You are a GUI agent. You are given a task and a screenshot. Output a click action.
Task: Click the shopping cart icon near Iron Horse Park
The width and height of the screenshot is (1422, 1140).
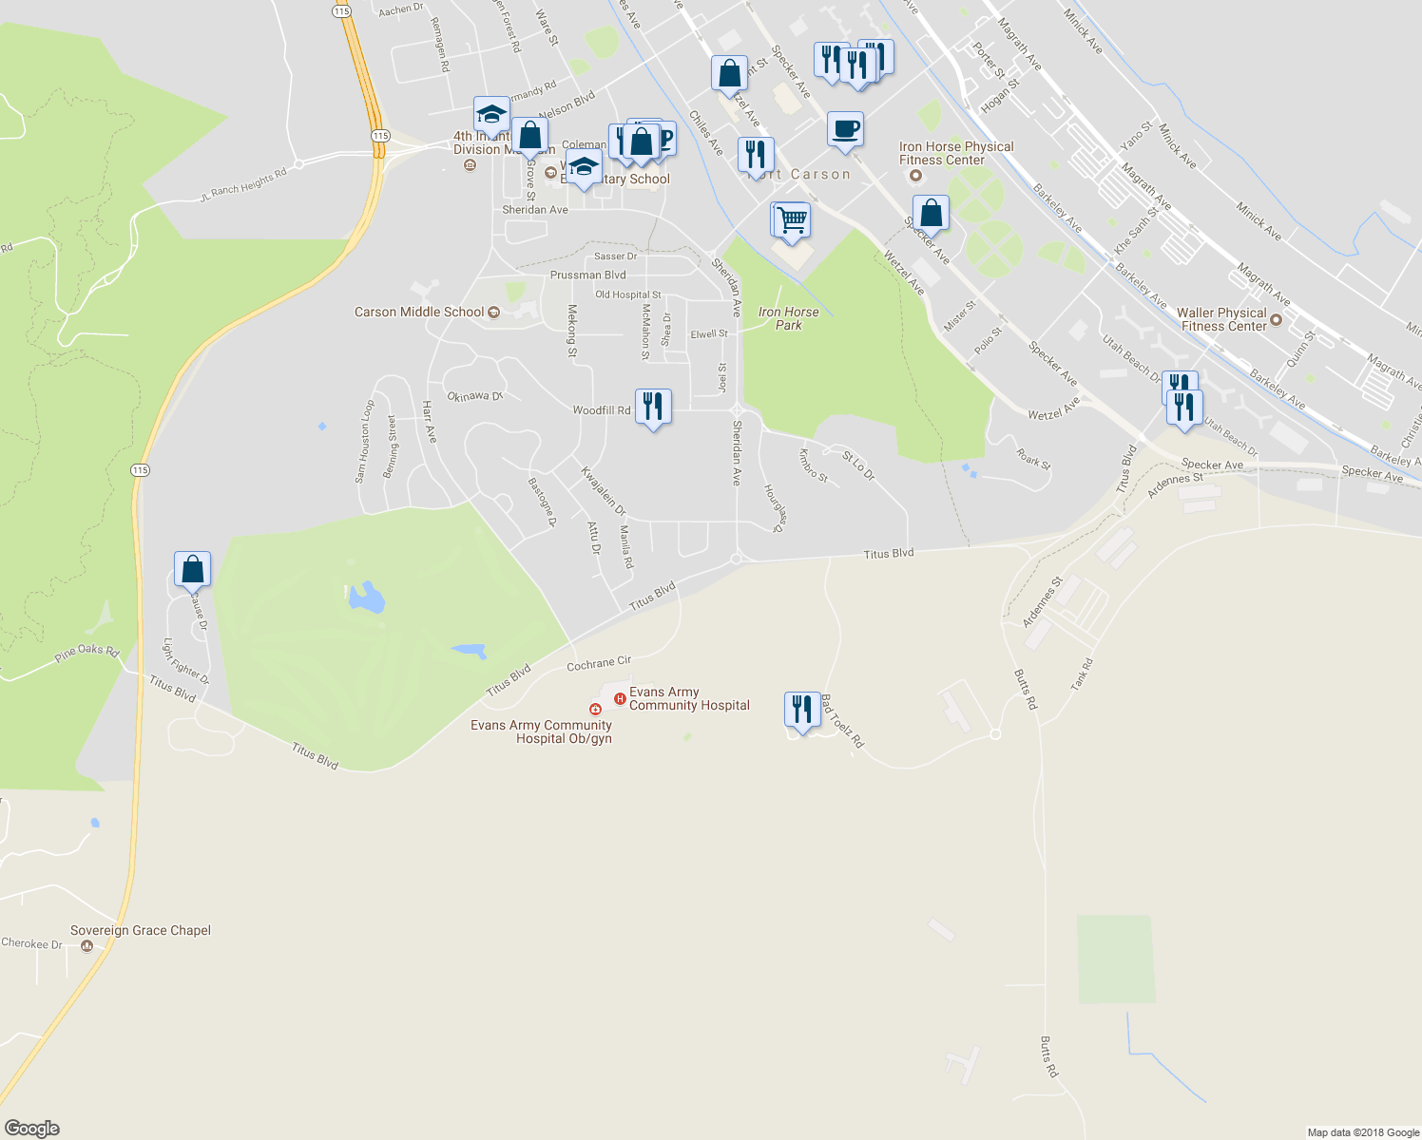[790, 220]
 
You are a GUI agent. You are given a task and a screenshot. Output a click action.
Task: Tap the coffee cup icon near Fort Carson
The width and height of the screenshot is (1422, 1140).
[845, 129]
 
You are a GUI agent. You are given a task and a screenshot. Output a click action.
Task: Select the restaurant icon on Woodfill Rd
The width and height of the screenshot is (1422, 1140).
[653, 407]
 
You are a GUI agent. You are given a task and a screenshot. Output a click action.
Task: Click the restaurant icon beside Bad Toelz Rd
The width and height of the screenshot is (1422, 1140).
[803, 710]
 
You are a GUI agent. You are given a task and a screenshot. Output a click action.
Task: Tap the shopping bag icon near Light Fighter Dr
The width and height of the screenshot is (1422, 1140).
[193, 569]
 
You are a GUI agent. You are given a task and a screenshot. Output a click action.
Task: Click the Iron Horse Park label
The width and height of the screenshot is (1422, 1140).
[788, 318]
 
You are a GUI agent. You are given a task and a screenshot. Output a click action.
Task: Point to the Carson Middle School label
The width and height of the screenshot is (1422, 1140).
[419, 312]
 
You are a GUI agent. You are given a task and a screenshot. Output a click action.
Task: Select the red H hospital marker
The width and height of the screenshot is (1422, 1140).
[620, 699]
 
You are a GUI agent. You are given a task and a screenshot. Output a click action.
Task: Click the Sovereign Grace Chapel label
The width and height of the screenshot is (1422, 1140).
[141, 930]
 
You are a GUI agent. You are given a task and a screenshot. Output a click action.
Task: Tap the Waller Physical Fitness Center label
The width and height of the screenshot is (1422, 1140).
[1222, 319]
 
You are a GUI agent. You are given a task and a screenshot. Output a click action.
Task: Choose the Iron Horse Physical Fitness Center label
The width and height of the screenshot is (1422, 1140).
[956, 153]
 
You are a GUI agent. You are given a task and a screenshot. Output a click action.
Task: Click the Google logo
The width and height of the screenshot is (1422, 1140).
[32, 1128]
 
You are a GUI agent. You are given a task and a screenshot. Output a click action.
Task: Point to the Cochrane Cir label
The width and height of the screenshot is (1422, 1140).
[599, 663]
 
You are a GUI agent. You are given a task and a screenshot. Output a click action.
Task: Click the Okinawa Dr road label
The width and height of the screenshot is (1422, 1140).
[474, 396]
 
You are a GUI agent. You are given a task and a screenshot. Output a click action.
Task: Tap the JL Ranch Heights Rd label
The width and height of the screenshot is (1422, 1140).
[243, 185]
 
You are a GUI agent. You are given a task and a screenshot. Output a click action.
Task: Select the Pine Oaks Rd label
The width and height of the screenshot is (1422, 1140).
[86, 652]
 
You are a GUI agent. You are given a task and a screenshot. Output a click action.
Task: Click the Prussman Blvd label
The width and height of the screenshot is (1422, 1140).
[587, 275]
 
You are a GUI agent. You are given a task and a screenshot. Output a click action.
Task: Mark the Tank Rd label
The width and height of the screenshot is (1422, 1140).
[1082, 674]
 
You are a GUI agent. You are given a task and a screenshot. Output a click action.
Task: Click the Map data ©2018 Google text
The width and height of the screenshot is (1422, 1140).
[1363, 1132]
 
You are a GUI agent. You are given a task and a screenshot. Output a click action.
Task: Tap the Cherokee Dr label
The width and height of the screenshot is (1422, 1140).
[31, 943]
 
